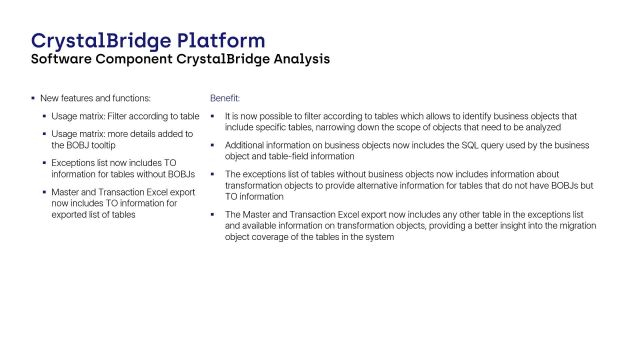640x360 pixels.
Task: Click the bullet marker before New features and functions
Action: (x=32, y=99)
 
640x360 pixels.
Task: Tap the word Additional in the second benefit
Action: (x=245, y=145)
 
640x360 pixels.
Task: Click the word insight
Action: (x=522, y=226)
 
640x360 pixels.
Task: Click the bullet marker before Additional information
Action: (x=213, y=145)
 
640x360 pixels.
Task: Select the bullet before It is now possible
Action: (x=213, y=116)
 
